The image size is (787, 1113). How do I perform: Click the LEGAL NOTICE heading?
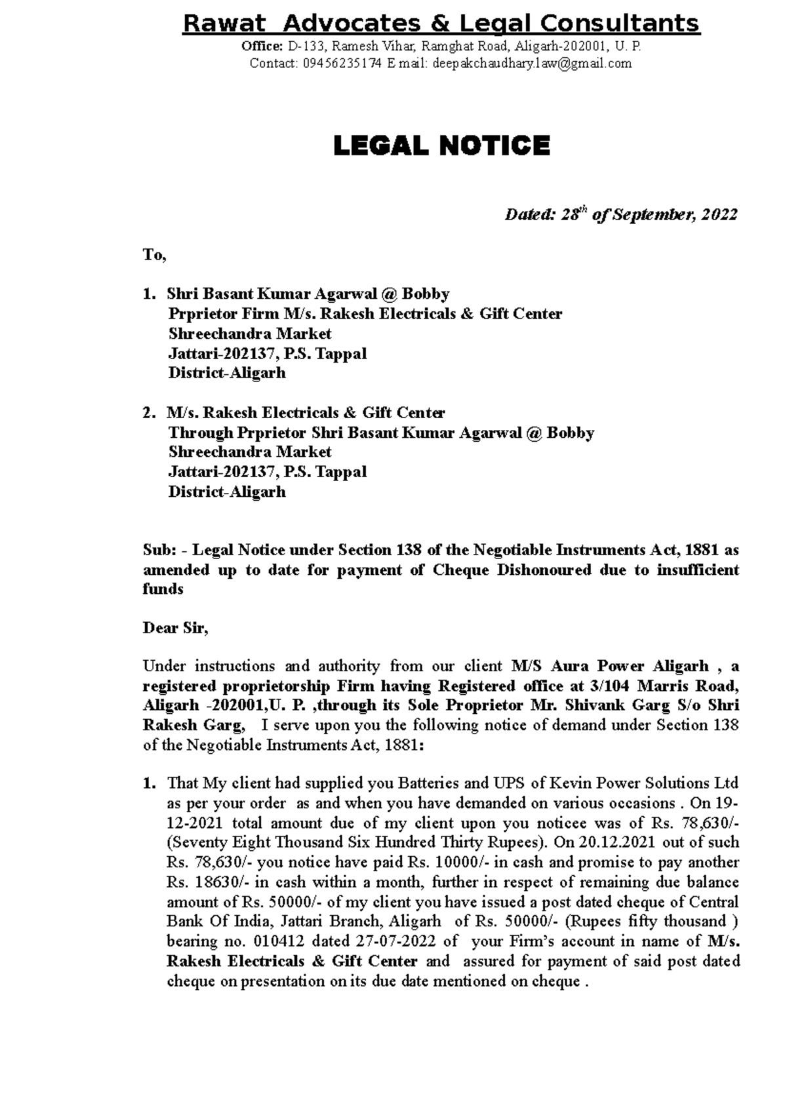(441, 146)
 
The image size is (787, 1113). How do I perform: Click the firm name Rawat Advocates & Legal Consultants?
(441, 24)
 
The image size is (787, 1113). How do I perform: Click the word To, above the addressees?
(155, 255)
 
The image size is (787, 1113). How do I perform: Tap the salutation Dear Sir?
(175, 629)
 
